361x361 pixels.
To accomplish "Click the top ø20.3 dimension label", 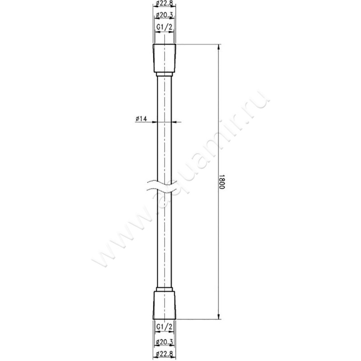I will [x=164, y=16].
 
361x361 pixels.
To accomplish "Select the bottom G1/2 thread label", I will [x=164, y=326].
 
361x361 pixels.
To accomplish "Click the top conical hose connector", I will [x=164, y=58].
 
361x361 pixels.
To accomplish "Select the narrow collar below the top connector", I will [x=164, y=75].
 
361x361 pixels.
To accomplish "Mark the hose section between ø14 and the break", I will [x=164, y=153].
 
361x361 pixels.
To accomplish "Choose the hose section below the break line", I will [x=164, y=239].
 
